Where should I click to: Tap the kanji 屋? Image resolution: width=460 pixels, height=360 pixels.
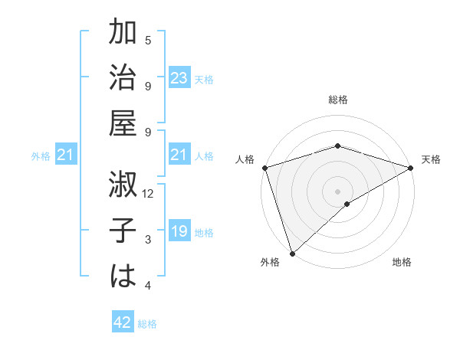click(x=123, y=123)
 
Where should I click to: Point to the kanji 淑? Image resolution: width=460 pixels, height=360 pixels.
click(x=123, y=185)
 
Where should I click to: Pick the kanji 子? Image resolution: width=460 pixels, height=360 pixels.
click(x=123, y=231)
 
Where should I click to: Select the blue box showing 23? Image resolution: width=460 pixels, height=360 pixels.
click(x=179, y=78)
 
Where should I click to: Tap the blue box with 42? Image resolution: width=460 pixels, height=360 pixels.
click(x=123, y=322)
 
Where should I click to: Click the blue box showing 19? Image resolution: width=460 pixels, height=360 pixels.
click(x=179, y=231)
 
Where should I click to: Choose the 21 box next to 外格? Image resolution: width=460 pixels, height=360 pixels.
click(x=66, y=155)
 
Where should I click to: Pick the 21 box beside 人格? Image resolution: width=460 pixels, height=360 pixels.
click(x=179, y=155)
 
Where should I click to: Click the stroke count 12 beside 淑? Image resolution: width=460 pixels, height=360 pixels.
click(x=149, y=194)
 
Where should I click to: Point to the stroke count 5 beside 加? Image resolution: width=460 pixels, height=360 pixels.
click(x=148, y=41)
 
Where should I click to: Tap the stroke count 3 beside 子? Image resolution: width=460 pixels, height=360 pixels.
click(x=148, y=240)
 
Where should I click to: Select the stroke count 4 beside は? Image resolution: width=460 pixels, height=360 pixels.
click(x=148, y=286)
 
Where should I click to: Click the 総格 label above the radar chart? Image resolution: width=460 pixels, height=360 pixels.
click(x=337, y=100)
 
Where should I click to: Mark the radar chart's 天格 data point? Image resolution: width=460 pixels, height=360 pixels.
click(x=411, y=168)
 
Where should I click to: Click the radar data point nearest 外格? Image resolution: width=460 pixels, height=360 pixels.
click(x=292, y=254)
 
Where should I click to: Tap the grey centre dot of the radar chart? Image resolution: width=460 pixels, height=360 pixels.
click(x=337, y=191)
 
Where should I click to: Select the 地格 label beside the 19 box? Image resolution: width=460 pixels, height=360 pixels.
click(x=204, y=232)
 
